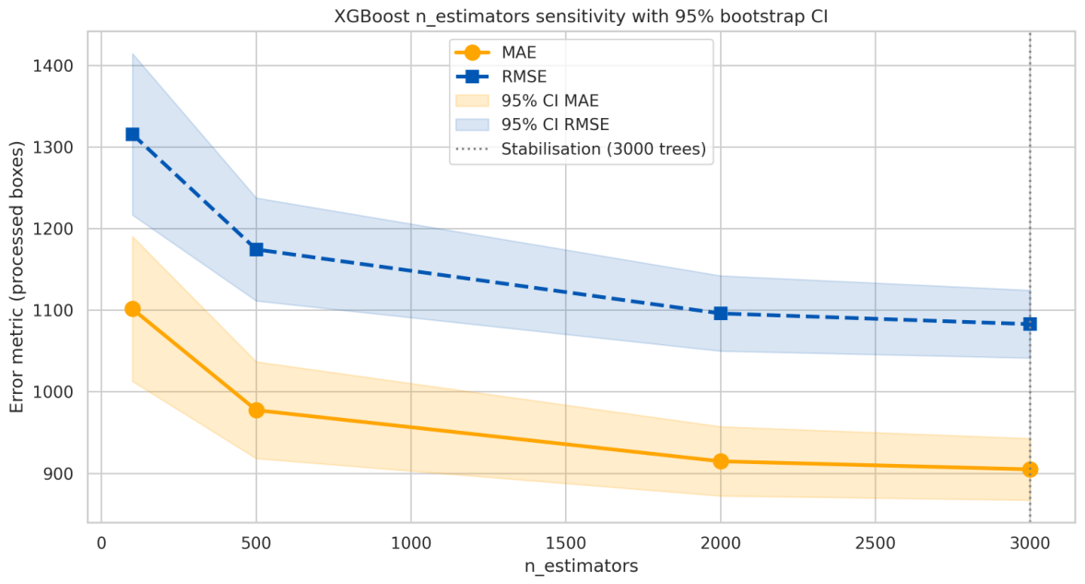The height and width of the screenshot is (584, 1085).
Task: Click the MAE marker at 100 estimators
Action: point(132,309)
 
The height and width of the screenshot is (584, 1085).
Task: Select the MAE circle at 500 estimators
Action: point(256,411)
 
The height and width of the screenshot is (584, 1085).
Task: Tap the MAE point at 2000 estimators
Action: point(720,461)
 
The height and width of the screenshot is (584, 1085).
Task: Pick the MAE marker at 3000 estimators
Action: point(1030,470)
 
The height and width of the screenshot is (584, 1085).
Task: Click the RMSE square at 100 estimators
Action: point(132,135)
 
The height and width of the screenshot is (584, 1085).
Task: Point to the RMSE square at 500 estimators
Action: point(256,249)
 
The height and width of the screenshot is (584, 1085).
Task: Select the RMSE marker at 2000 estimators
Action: point(720,314)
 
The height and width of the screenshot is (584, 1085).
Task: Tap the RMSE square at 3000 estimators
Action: point(1030,324)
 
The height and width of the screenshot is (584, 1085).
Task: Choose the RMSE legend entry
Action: point(501,77)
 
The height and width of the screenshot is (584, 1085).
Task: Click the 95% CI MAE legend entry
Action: point(526,101)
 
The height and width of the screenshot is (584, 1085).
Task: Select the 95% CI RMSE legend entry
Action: point(532,125)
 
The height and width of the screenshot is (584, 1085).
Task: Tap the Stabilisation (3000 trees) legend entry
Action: point(581,149)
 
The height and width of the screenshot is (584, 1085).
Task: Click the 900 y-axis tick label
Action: point(62,474)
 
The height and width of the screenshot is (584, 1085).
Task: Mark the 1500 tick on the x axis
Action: point(565,543)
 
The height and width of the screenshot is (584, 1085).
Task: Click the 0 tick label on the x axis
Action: point(101,543)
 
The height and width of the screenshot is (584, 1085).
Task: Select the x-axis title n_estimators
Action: point(582,566)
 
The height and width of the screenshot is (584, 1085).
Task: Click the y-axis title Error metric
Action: point(17,277)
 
